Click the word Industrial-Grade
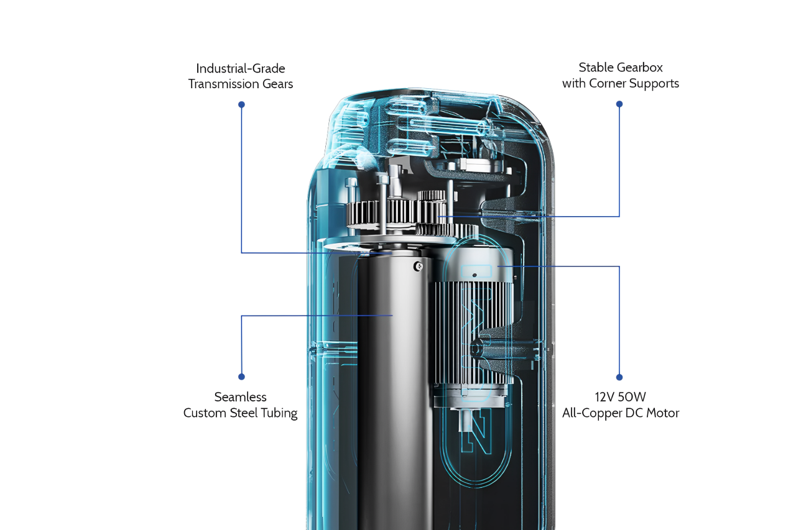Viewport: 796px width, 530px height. click(x=241, y=68)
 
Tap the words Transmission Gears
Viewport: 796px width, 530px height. click(x=241, y=84)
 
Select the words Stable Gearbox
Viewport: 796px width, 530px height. click(x=621, y=67)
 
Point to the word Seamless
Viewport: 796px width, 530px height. click(x=241, y=397)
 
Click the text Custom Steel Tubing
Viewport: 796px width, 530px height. click(x=241, y=413)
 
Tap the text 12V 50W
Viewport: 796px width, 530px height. click(x=621, y=397)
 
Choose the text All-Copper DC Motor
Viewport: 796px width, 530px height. click(x=621, y=413)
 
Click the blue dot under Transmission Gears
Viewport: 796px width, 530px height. click(x=241, y=104)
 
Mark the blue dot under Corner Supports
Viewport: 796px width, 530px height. click(x=619, y=104)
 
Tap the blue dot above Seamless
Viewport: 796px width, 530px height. click(x=241, y=377)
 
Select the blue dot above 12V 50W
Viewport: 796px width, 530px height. click(x=619, y=377)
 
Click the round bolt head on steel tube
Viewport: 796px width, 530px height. click(x=419, y=267)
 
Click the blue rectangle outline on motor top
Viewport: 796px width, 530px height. click(x=476, y=272)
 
